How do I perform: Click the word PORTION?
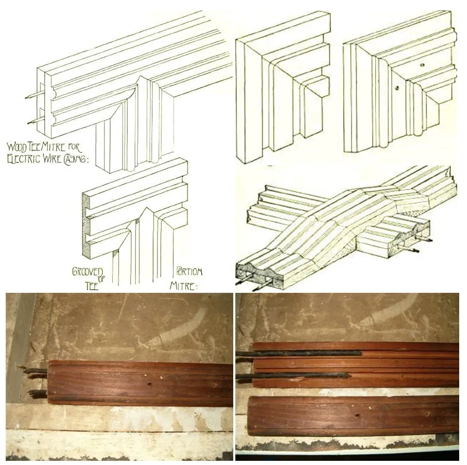coord(189,272)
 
